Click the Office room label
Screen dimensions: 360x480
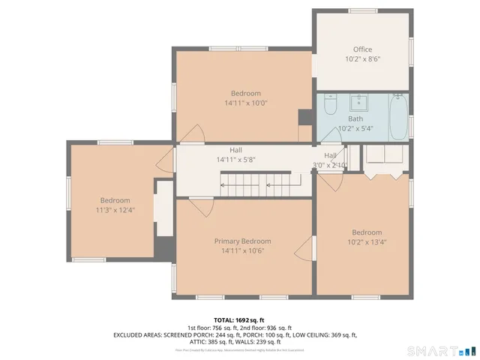tap(362, 49)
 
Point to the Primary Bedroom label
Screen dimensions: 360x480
tap(242, 241)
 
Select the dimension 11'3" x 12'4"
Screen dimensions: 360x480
tap(115, 211)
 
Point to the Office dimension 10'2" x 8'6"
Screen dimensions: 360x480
tap(362, 59)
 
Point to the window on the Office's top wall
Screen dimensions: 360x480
tap(362, 10)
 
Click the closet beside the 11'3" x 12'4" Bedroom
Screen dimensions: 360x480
tap(163, 209)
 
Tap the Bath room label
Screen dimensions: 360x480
tap(355, 118)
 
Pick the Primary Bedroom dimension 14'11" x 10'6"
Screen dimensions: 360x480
tap(242, 250)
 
